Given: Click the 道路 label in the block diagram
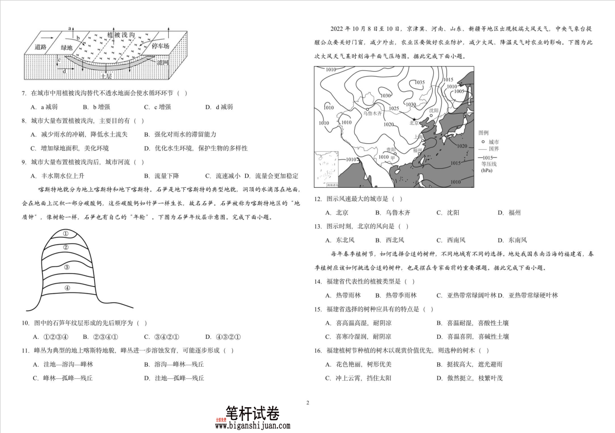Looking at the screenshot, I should (40, 47).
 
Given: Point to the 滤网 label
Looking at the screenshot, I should (162, 62).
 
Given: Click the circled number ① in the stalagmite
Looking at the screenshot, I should (66, 234).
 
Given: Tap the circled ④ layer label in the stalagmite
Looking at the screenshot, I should (67, 288).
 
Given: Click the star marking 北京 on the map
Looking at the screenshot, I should (414, 119).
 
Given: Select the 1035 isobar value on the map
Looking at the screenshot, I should (419, 82).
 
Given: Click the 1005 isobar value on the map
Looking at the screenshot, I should (459, 91).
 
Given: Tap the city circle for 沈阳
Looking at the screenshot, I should (431, 116).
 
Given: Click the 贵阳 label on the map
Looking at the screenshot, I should (390, 150).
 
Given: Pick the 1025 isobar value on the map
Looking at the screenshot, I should (394, 108).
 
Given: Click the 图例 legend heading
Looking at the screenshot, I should (483, 133).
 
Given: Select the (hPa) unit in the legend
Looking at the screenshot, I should (487, 171).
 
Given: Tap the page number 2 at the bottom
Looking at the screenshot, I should (307, 403).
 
